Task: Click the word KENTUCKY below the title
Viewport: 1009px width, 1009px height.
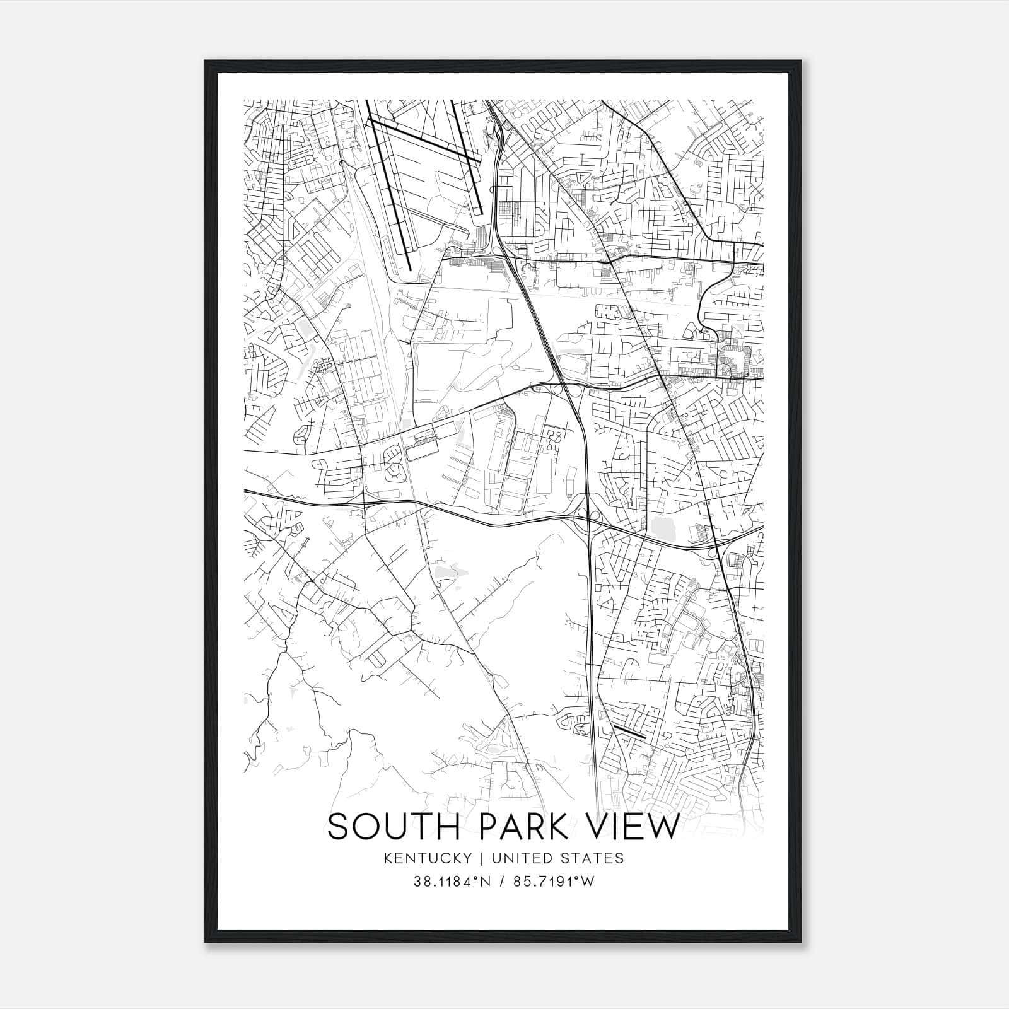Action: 428,858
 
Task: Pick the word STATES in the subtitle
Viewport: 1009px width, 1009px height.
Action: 595,858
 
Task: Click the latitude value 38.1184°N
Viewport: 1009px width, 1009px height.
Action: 452,881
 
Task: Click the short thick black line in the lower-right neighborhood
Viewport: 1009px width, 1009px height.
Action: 629,732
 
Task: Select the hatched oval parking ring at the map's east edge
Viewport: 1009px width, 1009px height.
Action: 735,356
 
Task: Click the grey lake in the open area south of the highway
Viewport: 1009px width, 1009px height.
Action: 446,571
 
